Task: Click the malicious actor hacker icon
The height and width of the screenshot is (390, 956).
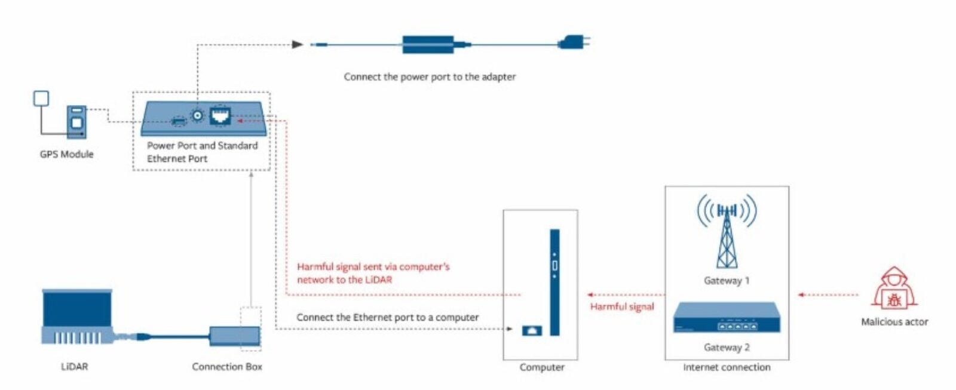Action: tap(894, 290)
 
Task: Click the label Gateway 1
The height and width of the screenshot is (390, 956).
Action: tap(727, 281)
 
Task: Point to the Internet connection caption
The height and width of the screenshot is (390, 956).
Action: tap(727, 367)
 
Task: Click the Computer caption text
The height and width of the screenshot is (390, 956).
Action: tap(542, 367)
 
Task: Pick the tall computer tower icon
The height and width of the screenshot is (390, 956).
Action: tap(554, 282)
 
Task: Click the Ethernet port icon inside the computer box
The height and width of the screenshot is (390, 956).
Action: tap(532, 330)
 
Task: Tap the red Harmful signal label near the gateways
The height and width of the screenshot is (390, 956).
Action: tap(622, 306)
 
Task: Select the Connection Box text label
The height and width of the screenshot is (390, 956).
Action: tap(227, 367)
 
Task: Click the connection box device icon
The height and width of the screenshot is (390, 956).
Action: tap(234, 336)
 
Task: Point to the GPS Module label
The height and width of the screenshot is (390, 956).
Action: tap(67, 154)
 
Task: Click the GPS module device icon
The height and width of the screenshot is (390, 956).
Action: tap(76, 122)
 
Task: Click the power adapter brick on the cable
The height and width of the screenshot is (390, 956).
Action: tap(429, 44)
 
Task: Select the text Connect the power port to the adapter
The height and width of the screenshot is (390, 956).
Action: tap(430, 76)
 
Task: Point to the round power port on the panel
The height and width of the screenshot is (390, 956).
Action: tap(197, 115)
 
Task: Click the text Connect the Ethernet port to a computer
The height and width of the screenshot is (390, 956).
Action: tap(387, 317)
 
